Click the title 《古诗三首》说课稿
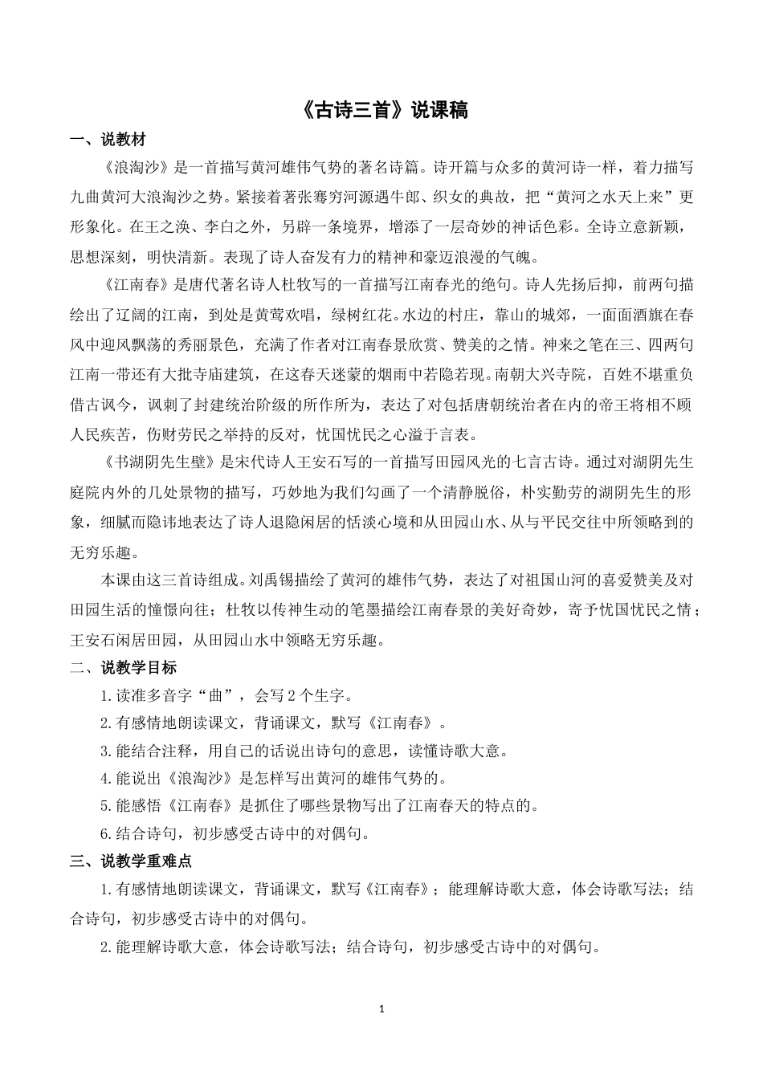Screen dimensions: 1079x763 (x=381, y=110)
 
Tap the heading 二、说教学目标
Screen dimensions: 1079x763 (x=123, y=667)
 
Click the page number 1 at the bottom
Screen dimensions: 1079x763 (x=381, y=1008)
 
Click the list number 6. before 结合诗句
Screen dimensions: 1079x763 (x=105, y=833)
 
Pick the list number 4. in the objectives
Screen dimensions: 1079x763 (x=105, y=778)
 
